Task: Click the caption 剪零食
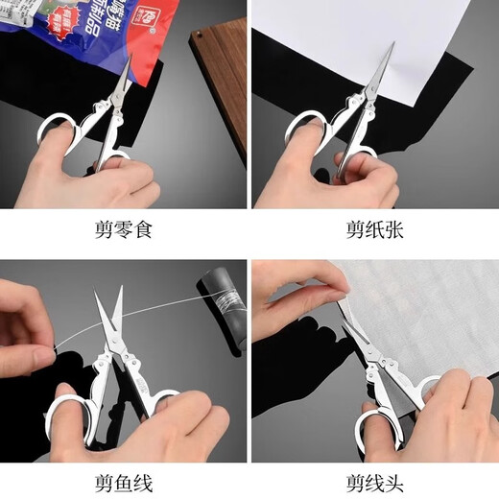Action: point(124,229)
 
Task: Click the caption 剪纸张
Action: point(374,229)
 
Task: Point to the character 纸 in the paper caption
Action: point(374,229)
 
